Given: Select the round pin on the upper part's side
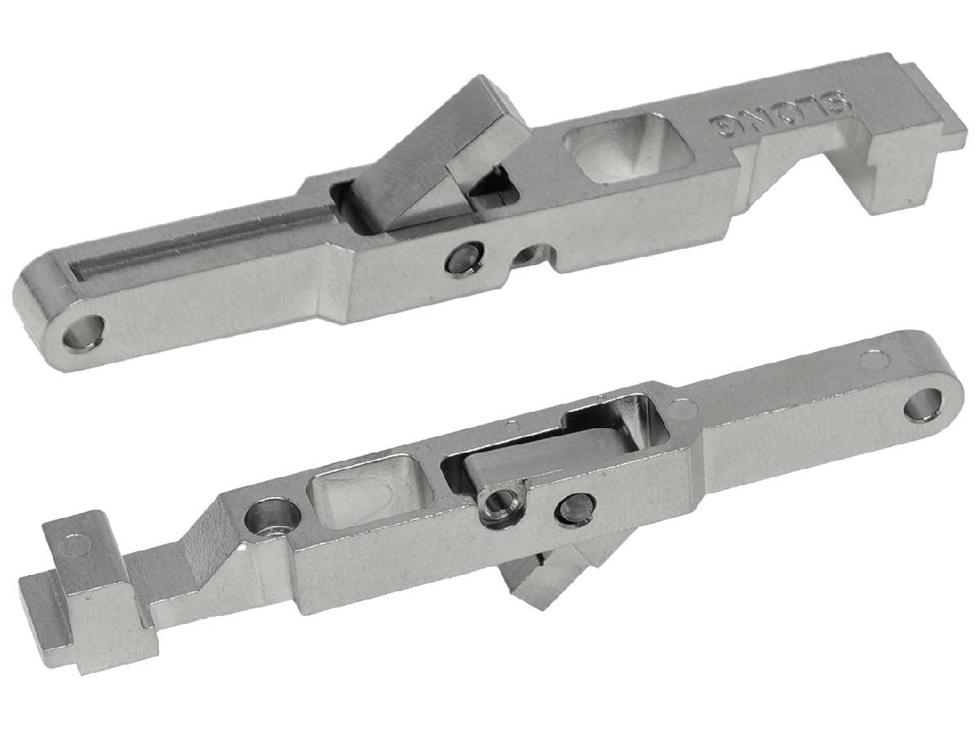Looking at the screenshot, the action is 464,259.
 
